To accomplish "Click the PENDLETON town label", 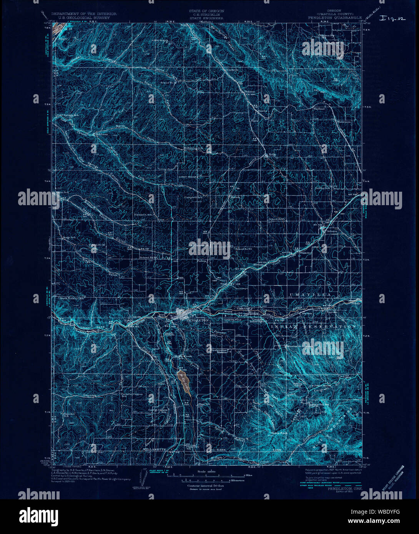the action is (196, 320).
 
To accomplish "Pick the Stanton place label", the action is (250, 92).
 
